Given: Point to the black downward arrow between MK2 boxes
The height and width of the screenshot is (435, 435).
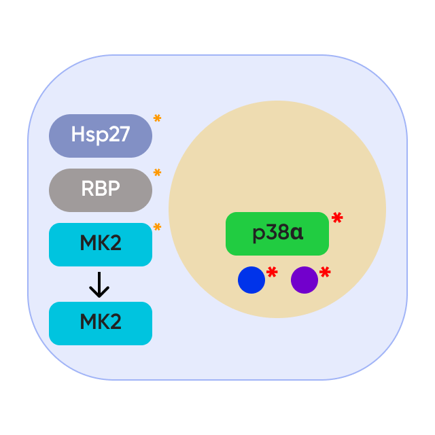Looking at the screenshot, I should pos(99,285).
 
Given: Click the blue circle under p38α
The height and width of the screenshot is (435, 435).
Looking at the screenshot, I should pos(251,280).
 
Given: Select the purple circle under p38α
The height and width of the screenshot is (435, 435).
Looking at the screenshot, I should pos(304,280).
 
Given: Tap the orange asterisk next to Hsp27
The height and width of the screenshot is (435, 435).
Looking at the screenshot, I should pos(157,119).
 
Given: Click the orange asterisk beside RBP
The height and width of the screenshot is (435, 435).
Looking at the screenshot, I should pos(157,173).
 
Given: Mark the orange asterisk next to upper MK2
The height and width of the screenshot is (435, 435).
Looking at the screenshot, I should pos(157,228).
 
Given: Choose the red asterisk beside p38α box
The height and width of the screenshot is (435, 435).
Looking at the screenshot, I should pos(337,218).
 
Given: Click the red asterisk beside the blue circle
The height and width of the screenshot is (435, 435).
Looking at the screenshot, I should pos(272,273).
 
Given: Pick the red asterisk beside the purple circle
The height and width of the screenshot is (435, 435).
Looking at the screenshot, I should pos(325,273).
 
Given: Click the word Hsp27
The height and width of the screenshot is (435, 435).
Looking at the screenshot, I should pos(101,135).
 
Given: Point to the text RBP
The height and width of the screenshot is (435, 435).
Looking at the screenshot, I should pos(101,189).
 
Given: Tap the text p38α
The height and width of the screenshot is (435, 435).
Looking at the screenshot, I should pos(277,233).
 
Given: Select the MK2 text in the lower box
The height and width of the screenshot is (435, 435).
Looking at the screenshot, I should pos(101,322).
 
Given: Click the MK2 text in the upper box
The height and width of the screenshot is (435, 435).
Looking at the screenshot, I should pos(101,243).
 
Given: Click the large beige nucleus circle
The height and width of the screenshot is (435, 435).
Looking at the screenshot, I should pos(277,156).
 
